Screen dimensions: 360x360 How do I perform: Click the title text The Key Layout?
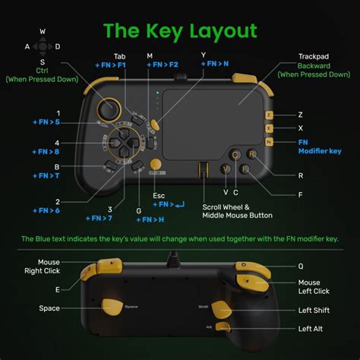[x=180, y=30]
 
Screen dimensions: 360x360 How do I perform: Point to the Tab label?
[x=120, y=55]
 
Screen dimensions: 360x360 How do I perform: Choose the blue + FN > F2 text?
[x=161, y=65]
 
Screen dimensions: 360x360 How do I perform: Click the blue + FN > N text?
[x=215, y=65]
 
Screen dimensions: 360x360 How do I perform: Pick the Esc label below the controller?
[x=159, y=195]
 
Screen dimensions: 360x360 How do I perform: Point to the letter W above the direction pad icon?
[x=42, y=32]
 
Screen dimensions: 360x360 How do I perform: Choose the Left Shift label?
[x=315, y=310]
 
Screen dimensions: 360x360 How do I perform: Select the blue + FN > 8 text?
[x=46, y=151]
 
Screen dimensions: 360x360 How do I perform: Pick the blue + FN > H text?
[x=150, y=219]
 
